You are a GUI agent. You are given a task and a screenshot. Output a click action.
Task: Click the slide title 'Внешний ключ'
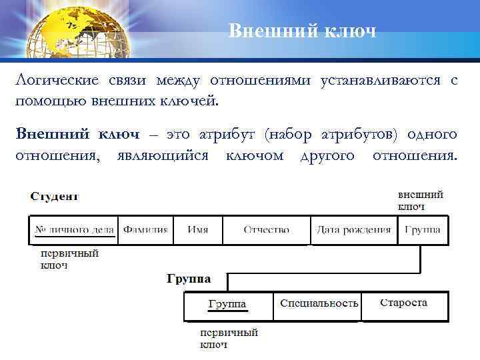coord(302,31)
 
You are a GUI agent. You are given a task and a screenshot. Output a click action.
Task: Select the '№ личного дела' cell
coord(73,230)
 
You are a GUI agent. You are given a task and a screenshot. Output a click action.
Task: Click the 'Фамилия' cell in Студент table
coord(145,230)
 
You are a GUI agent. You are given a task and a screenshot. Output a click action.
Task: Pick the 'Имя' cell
coord(197,230)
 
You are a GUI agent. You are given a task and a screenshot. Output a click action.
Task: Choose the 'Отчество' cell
coord(266,230)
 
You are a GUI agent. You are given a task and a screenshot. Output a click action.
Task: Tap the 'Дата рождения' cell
coord(353,230)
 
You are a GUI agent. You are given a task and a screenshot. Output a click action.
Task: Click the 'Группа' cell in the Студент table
coord(423,230)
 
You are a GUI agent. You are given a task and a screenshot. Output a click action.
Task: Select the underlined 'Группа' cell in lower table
coord(227,305)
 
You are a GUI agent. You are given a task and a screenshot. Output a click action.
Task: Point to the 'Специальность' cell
coord(319,304)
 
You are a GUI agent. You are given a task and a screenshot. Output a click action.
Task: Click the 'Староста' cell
coord(404,303)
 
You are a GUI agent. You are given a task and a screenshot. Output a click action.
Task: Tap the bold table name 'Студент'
coord(54,197)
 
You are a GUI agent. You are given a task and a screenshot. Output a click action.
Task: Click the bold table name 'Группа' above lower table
coord(189,277)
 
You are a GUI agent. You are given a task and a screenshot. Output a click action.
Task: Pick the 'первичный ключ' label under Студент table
coord(69,259)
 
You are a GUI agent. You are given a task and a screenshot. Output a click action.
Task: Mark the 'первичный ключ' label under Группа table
coord(229,338)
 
